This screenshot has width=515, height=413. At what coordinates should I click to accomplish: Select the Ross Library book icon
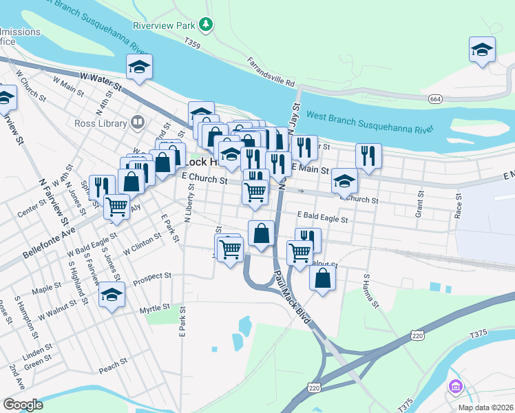[138, 123]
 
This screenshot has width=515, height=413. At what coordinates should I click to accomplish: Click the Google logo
[23, 405]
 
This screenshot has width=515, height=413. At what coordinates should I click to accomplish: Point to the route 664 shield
[434, 99]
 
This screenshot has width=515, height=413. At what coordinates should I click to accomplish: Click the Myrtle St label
[154, 308]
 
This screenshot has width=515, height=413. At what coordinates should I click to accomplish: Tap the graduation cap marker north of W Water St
[139, 67]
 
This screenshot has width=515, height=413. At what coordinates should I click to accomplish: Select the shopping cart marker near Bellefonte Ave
[117, 206]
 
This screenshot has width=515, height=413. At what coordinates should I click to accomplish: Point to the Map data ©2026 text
[485, 407]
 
